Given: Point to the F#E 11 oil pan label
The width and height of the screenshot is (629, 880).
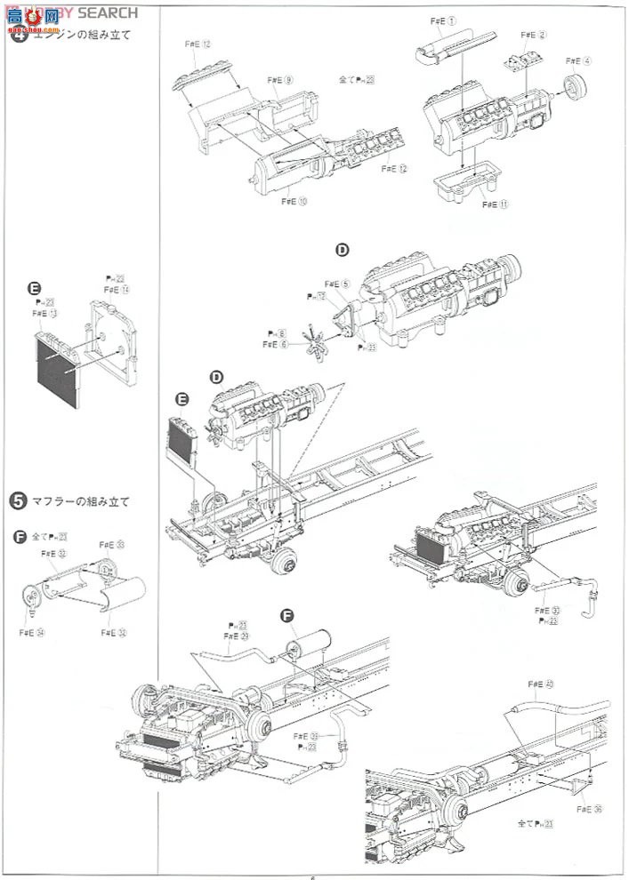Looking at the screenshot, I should tap(496, 204).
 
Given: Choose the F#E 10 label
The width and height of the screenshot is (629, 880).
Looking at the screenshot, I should tap(294, 202).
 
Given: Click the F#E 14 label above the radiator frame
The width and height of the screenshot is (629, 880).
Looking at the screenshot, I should tap(117, 290).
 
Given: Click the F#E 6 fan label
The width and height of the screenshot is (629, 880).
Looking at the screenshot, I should tap(275, 344).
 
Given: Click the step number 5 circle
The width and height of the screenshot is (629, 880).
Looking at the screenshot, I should tap(17, 501).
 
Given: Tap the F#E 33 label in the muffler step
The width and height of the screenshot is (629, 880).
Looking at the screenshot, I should tap(111, 545).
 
